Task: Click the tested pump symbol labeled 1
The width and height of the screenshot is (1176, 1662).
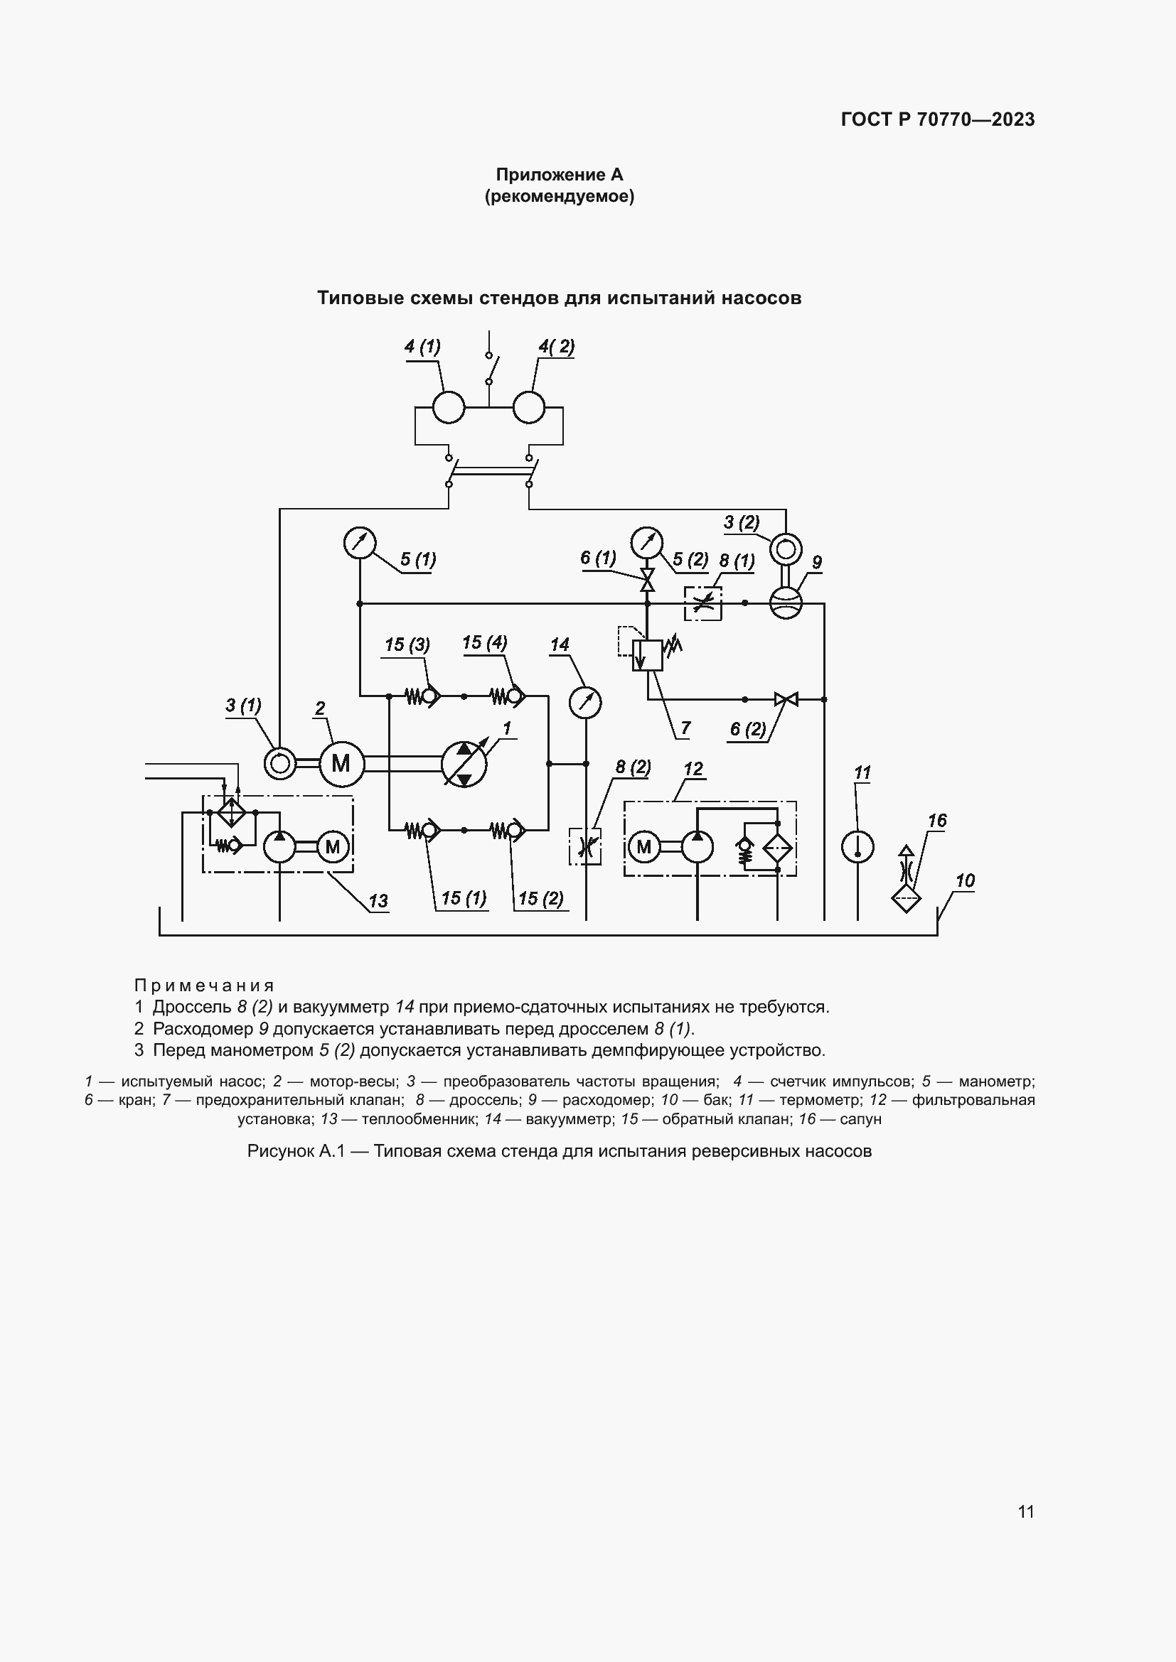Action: (464, 764)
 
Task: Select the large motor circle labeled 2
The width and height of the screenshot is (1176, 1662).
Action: (341, 764)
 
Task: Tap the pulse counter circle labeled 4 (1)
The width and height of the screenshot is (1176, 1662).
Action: (448, 407)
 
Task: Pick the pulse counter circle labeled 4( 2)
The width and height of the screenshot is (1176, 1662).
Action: (528, 407)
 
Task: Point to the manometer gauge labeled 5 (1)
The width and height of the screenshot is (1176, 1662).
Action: (359, 543)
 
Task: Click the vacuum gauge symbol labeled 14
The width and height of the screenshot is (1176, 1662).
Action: (585, 702)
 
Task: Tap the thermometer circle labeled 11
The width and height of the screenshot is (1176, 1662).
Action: (857, 846)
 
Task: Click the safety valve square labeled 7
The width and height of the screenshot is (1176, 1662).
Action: (648, 655)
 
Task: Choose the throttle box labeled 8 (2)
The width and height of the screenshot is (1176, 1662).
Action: (585, 846)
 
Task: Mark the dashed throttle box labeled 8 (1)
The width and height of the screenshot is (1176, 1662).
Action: (703, 603)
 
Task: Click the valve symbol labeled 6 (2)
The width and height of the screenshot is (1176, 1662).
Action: (786, 699)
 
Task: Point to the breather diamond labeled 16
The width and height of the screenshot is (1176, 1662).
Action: (906, 899)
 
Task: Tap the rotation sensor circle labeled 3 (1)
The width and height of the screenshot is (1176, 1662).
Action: (279, 764)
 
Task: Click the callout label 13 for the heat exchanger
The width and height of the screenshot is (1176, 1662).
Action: (378, 901)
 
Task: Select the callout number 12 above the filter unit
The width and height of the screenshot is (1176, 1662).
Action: (693, 769)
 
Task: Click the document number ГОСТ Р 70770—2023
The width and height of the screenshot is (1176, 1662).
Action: (938, 119)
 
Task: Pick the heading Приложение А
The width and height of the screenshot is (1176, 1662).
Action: (559, 175)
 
